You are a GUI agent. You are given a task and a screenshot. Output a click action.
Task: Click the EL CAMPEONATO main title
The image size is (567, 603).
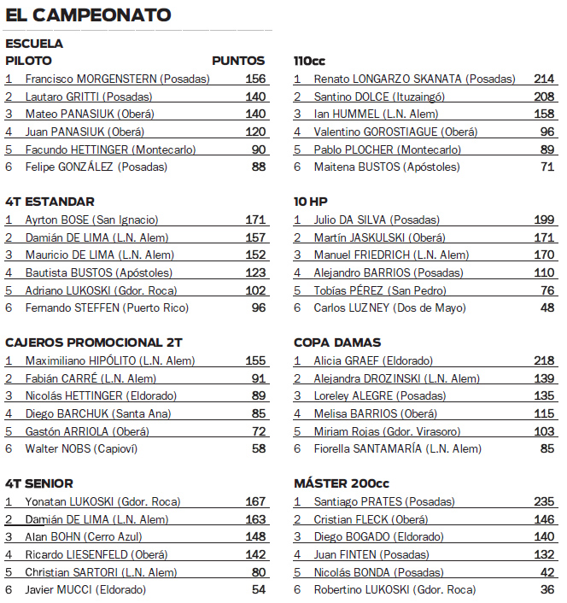tap(88, 15)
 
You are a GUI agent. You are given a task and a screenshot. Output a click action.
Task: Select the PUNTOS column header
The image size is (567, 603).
tap(238, 61)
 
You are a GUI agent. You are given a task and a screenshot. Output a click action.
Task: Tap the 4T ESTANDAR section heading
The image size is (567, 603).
tap(50, 202)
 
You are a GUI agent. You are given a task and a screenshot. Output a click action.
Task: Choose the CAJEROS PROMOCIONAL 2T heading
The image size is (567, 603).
tap(94, 342)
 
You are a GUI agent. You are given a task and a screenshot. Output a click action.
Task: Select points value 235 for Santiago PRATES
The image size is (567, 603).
tap(544, 501)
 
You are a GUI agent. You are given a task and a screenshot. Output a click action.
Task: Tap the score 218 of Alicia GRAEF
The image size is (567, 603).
tap(544, 360)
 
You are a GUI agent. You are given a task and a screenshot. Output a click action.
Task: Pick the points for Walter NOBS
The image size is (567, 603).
tap(258, 448)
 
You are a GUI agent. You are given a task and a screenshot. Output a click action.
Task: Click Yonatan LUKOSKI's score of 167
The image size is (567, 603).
tap(255, 501)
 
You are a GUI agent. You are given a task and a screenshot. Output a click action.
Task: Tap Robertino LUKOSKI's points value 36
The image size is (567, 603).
tap(547, 589)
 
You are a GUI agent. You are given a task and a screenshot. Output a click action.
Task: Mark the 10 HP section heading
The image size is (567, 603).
tap(311, 202)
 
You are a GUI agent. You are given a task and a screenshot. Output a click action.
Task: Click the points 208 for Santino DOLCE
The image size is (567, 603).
tap(544, 97)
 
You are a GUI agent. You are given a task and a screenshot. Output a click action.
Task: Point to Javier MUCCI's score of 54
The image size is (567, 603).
tap(258, 589)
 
